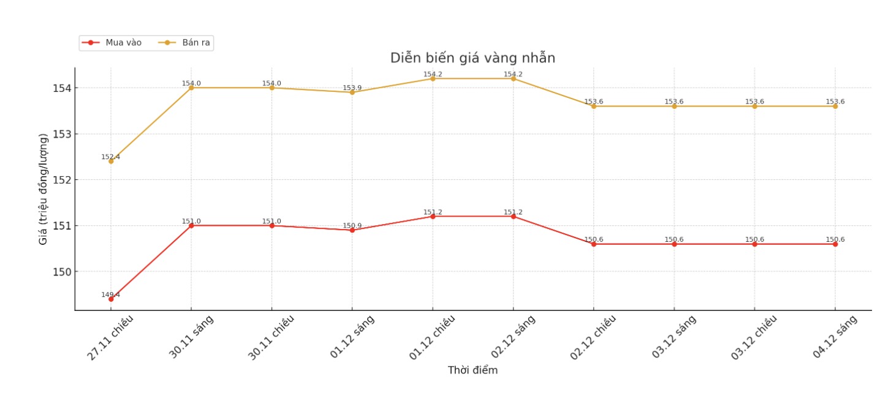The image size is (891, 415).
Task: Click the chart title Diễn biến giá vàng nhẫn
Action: pyautogui.click(x=472, y=58)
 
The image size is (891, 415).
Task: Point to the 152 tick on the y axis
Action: pyautogui.click(x=61, y=180)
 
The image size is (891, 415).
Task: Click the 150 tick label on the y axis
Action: pyautogui.click(x=61, y=272)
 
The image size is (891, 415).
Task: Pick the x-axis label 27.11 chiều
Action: pyautogui.click(x=110, y=337)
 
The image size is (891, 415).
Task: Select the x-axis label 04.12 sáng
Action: pyautogui.click(x=835, y=337)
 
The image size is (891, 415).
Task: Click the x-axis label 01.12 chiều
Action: pyautogui.click(x=433, y=337)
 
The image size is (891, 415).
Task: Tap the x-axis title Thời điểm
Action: pyautogui.click(x=472, y=370)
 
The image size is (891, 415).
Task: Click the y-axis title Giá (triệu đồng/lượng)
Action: pyautogui.click(x=43, y=189)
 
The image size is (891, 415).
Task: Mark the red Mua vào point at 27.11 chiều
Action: pyautogui.click(x=111, y=299)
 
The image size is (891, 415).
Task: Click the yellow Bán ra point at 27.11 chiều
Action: pyautogui.click(x=111, y=161)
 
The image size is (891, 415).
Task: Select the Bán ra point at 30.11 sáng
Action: pyautogui.click(x=191, y=88)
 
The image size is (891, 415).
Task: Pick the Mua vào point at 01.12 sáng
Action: pyautogui.click(x=352, y=230)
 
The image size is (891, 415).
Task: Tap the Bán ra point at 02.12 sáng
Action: pyautogui.click(x=514, y=78)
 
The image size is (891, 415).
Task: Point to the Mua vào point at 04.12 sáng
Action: pyautogui.click(x=835, y=244)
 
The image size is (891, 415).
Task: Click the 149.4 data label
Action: pyautogui.click(x=110, y=294)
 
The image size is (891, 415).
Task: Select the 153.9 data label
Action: pyautogui.click(x=352, y=88)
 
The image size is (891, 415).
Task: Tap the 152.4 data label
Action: pyautogui.click(x=110, y=157)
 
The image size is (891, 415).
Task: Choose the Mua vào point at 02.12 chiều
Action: pyautogui.click(x=594, y=244)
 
